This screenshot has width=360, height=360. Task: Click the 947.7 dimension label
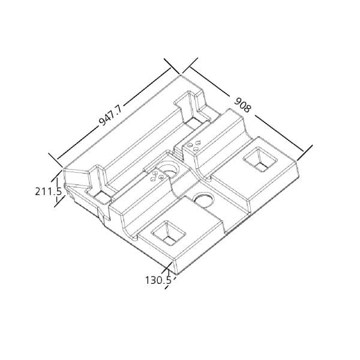(x=110, y=116)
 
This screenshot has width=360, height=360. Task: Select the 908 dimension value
(x=242, y=106)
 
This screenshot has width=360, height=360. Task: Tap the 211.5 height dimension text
(x=48, y=191)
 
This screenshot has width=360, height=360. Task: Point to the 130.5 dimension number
(x=158, y=280)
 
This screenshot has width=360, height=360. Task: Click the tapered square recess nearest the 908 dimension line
(x=260, y=160)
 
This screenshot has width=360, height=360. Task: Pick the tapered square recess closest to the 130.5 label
(x=168, y=233)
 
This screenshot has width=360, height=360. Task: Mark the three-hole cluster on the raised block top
(x=194, y=145)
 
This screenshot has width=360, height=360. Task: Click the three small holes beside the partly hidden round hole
(x=157, y=176)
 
